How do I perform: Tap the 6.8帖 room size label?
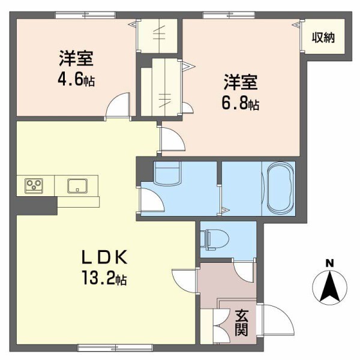click(242, 103)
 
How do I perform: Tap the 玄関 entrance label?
click(242, 322)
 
